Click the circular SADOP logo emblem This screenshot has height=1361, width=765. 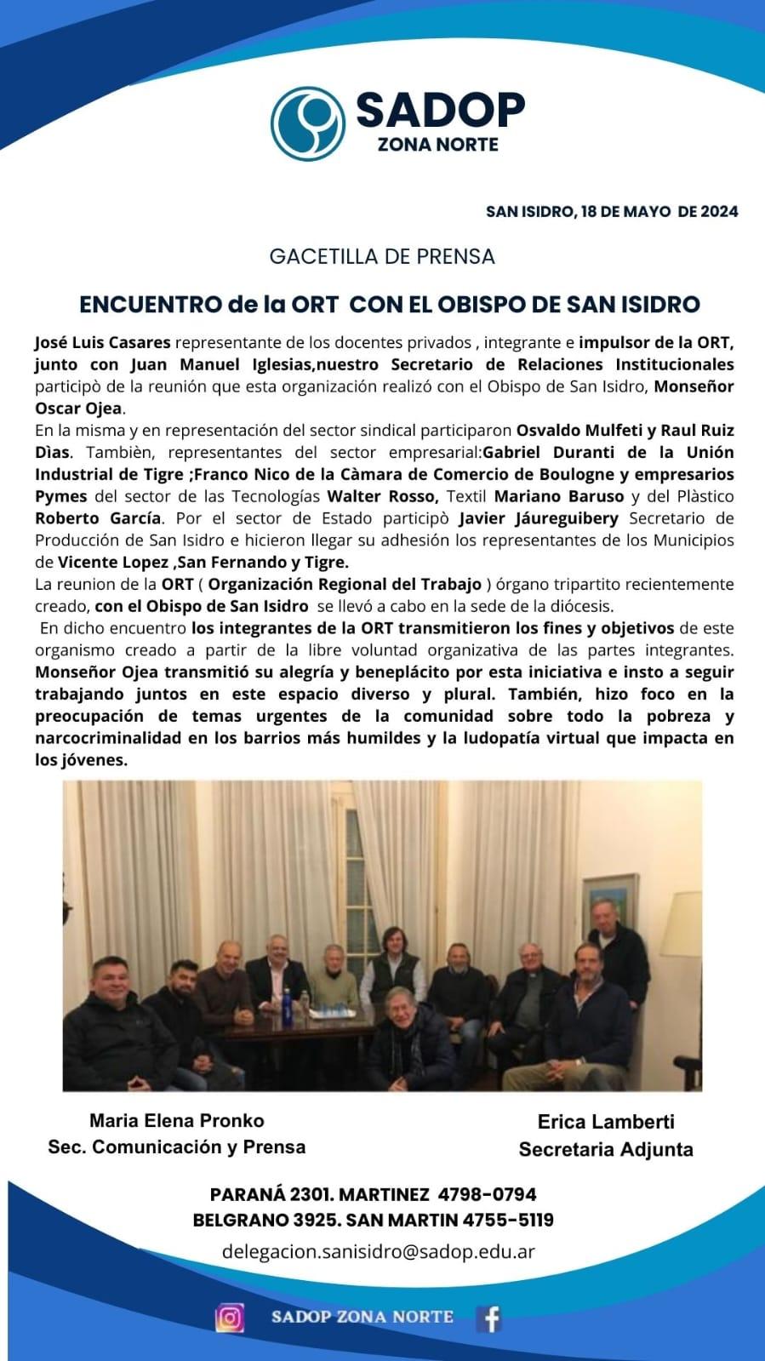[x=308, y=123]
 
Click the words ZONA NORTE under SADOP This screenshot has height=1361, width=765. [x=437, y=145]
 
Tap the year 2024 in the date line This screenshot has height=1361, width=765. [x=719, y=212]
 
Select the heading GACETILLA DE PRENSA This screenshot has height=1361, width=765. [x=382, y=256]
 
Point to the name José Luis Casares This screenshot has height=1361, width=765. [x=103, y=343]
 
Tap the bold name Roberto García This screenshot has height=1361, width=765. [x=98, y=518]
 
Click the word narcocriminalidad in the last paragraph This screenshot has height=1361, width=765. [x=108, y=738]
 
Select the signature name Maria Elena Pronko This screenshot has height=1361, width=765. [x=177, y=1121]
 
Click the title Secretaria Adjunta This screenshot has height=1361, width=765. [x=606, y=1150]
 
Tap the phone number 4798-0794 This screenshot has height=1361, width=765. [x=487, y=1194]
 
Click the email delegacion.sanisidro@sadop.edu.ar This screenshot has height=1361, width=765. [x=378, y=1251]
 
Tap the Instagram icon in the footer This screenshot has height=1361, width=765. [x=230, y=1318]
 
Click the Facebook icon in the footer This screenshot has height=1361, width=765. [x=489, y=1318]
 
